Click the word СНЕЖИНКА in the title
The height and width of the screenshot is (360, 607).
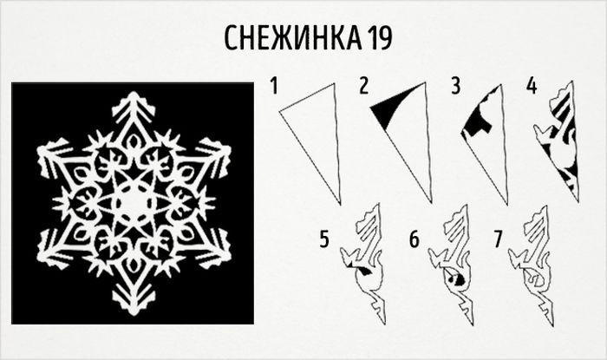click(293, 38)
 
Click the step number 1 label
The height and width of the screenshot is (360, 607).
click(275, 86)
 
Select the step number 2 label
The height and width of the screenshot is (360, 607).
click(363, 86)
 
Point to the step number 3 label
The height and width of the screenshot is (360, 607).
click(456, 86)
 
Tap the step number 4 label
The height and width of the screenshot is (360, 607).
click(532, 86)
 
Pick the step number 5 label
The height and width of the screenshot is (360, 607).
click(324, 239)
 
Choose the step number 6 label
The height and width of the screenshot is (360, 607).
click(414, 239)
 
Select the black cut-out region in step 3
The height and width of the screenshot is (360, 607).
click(477, 119)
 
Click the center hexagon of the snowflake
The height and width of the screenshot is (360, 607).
click(133, 203)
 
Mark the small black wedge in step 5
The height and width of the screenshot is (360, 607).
click(362, 272)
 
